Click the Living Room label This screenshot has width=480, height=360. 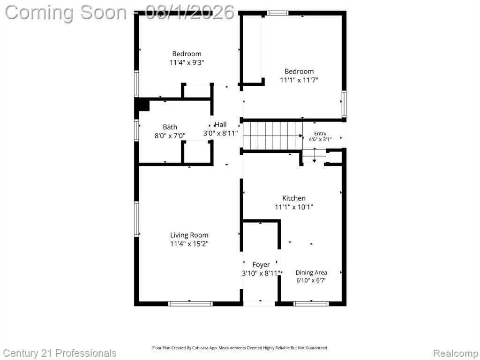coord(189,235)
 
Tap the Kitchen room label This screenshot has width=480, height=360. coord(294,198)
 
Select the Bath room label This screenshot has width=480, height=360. coord(170,127)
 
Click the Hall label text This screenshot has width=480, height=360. coord(221,124)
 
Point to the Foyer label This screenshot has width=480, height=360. coord(261,264)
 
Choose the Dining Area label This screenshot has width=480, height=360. coord(311,272)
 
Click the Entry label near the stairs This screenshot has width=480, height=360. coord(320,134)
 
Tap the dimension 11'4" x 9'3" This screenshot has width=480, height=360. coord(187,62)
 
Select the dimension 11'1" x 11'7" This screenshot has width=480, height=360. coord(299,80)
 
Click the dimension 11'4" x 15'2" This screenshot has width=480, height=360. coord(189,244)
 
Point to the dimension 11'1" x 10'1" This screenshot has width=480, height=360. coord(294,207)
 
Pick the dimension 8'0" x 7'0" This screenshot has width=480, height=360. coord(170,135)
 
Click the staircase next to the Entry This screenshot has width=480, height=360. coord(273,135)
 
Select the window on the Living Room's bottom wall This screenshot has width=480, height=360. coord(190,304)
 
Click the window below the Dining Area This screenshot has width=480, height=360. coord(311,304)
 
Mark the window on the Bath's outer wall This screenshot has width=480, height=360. coord(136,130)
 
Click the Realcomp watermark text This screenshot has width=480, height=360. coord(456,353)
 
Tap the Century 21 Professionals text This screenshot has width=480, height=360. coord(60,353)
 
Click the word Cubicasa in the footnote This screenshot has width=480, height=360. coord(200,348)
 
